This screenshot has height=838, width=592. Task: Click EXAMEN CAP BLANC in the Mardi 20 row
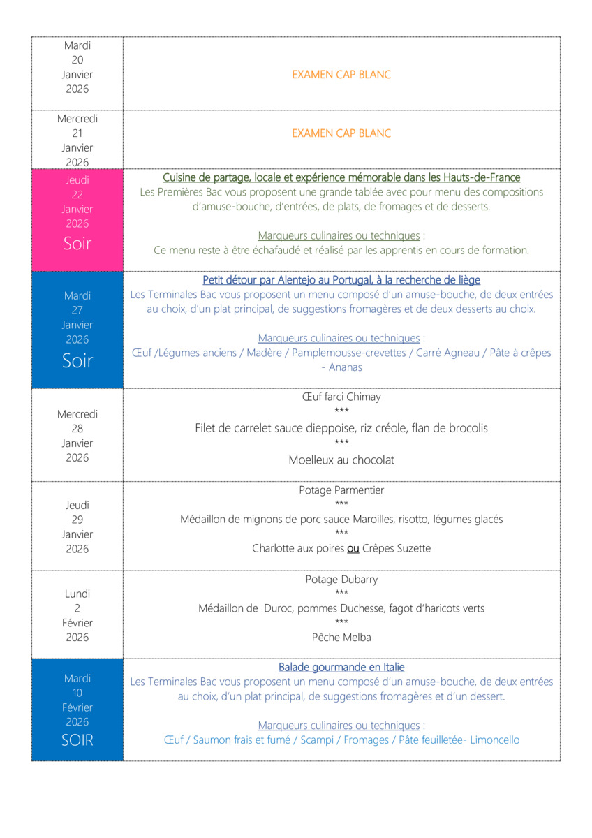(x=341, y=75)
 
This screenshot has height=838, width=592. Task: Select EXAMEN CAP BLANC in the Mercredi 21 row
(x=341, y=133)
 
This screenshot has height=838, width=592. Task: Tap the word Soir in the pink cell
(x=77, y=244)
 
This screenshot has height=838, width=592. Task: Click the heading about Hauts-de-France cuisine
(x=341, y=177)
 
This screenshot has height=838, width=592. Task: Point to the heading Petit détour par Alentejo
(x=341, y=280)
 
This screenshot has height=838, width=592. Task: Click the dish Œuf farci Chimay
(x=341, y=397)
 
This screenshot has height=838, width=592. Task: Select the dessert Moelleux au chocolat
(x=341, y=460)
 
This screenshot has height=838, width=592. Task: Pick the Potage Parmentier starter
(x=341, y=490)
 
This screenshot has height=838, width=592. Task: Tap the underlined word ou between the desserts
(x=353, y=549)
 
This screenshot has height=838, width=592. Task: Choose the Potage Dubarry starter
(x=341, y=580)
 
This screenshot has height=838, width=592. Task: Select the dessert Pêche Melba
(x=341, y=638)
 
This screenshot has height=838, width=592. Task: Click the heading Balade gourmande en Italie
(x=341, y=668)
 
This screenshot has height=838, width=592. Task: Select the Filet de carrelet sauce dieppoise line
(x=341, y=428)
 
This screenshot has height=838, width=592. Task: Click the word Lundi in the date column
(x=77, y=594)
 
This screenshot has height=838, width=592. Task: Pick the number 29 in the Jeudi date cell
(x=77, y=520)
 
